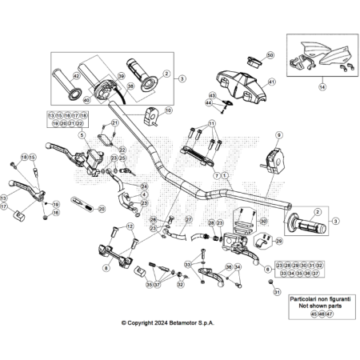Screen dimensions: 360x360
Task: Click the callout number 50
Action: tap(270, 55)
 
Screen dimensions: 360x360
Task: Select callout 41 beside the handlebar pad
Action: tap(271, 82)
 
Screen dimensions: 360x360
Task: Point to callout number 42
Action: tap(78, 75)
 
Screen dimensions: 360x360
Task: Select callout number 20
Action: tap(102, 208)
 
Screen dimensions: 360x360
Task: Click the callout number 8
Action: tap(106, 269)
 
